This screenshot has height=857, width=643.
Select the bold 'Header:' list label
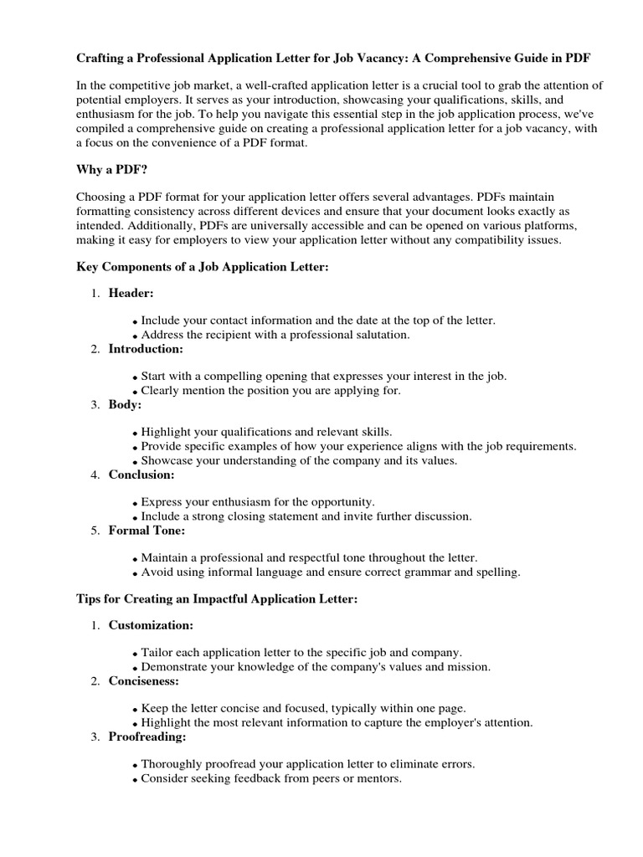tap(131, 293)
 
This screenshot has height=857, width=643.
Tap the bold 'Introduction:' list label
tap(146, 349)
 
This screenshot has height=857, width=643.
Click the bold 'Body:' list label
tap(125, 405)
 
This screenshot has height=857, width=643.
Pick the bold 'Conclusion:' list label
tap(141, 475)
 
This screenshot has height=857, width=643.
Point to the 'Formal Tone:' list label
tap(147, 531)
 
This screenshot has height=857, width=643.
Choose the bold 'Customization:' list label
tap(151, 625)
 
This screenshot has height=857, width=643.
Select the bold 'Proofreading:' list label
tap(147, 736)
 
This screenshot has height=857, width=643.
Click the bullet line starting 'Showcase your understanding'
tap(299, 460)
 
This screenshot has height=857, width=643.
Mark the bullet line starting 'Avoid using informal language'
tap(330, 572)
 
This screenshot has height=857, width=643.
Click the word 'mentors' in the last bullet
tap(378, 778)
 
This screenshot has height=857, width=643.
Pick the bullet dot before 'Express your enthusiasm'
tap(136, 503)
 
